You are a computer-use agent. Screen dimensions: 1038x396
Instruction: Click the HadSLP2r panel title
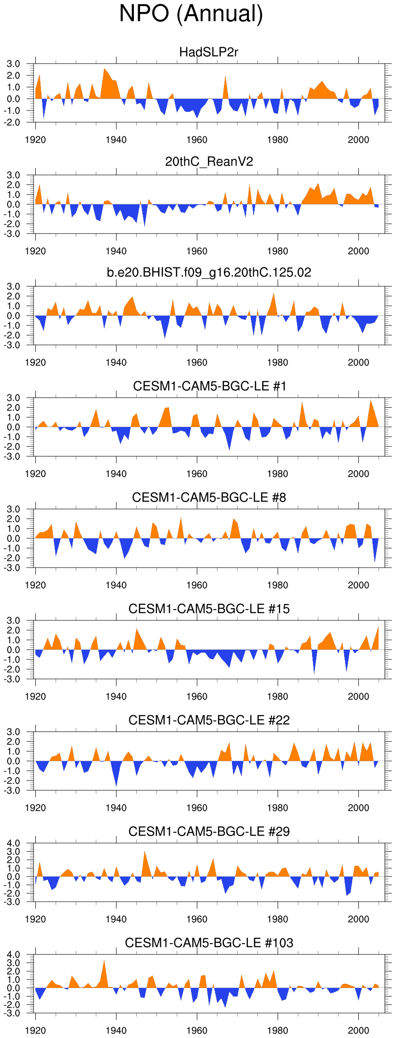[x=209, y=52]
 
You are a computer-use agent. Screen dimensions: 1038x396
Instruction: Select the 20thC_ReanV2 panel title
[x=209, y=162]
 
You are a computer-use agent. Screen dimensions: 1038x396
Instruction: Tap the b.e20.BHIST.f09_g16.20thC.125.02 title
[x=209, y=272]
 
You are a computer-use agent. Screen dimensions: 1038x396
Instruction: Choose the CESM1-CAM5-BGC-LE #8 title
[x=209, y=497]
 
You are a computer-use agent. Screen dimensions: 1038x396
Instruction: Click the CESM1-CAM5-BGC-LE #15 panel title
[x=209, y=609]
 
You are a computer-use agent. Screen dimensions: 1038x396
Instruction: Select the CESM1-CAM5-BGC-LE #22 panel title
[x=209, y=720]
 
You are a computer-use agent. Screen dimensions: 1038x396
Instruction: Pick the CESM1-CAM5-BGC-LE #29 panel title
[x=209, y=831]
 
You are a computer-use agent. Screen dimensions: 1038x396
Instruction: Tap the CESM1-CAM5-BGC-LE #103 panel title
[x=209, y=943]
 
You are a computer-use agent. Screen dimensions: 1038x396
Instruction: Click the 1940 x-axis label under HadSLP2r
[x=116, y=140]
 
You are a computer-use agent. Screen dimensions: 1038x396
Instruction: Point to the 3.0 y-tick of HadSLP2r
[x=13, y=64]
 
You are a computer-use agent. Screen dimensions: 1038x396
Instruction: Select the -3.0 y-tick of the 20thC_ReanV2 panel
[x=12, y=234]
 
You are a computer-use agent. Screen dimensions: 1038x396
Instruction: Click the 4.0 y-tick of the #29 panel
[x=14, y=844]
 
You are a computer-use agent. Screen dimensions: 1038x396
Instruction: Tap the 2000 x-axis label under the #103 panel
[x=358, y=1031]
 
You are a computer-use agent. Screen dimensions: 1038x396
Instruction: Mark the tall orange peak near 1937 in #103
[x=104, y=963]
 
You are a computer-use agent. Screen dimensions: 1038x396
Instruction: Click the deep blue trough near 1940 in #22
[x=116, y=784]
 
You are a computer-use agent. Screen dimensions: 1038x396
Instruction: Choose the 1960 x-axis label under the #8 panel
[x=197, y=586]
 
